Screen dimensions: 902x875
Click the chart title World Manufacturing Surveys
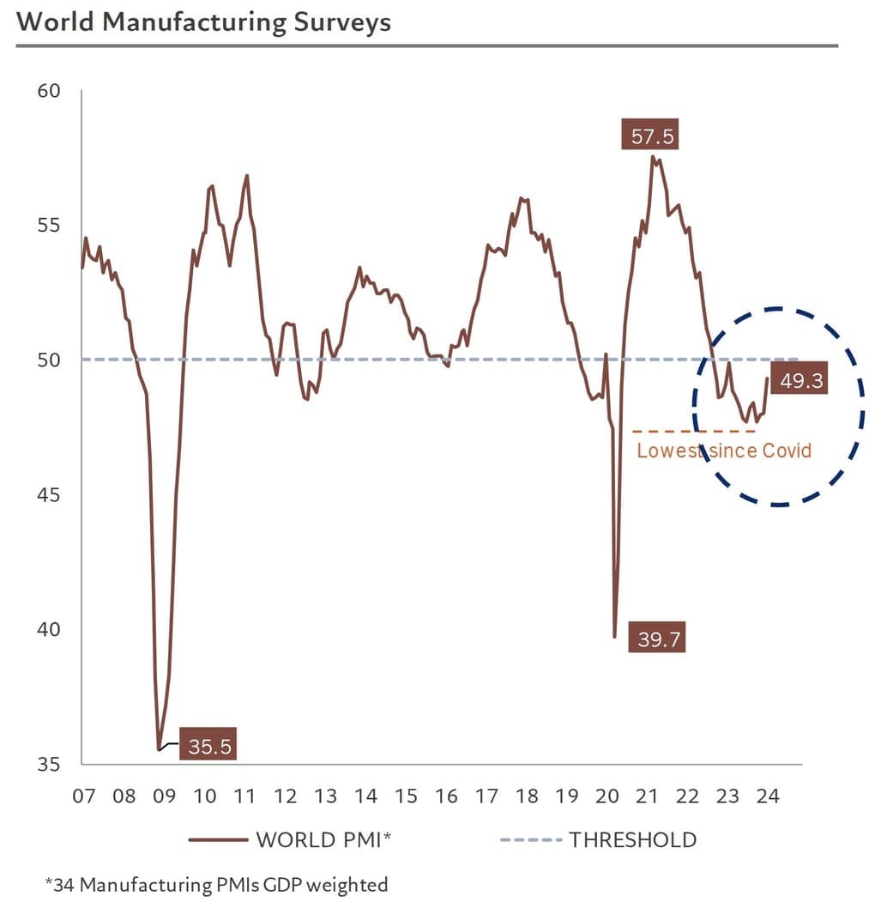click(203, 21)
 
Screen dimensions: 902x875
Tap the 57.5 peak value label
click(649, 136)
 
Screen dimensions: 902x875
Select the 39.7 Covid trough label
click(659, 639)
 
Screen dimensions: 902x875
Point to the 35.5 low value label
click(209, 747)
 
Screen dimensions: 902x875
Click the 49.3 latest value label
click(801, 381)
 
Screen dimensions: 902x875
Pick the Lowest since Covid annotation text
click(723, 451)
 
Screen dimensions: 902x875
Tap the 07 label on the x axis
click(83, 796)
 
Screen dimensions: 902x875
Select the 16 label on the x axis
click(446, 796)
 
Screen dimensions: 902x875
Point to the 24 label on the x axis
click(768, 796)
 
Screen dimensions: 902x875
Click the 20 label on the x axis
click(607, 796)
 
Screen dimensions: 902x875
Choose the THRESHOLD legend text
click(632, 839)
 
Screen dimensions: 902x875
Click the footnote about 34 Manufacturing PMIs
click(215, 884)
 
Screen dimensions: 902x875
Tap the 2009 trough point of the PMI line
click(159, 749)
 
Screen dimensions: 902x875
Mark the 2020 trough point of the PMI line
click(614, 637)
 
